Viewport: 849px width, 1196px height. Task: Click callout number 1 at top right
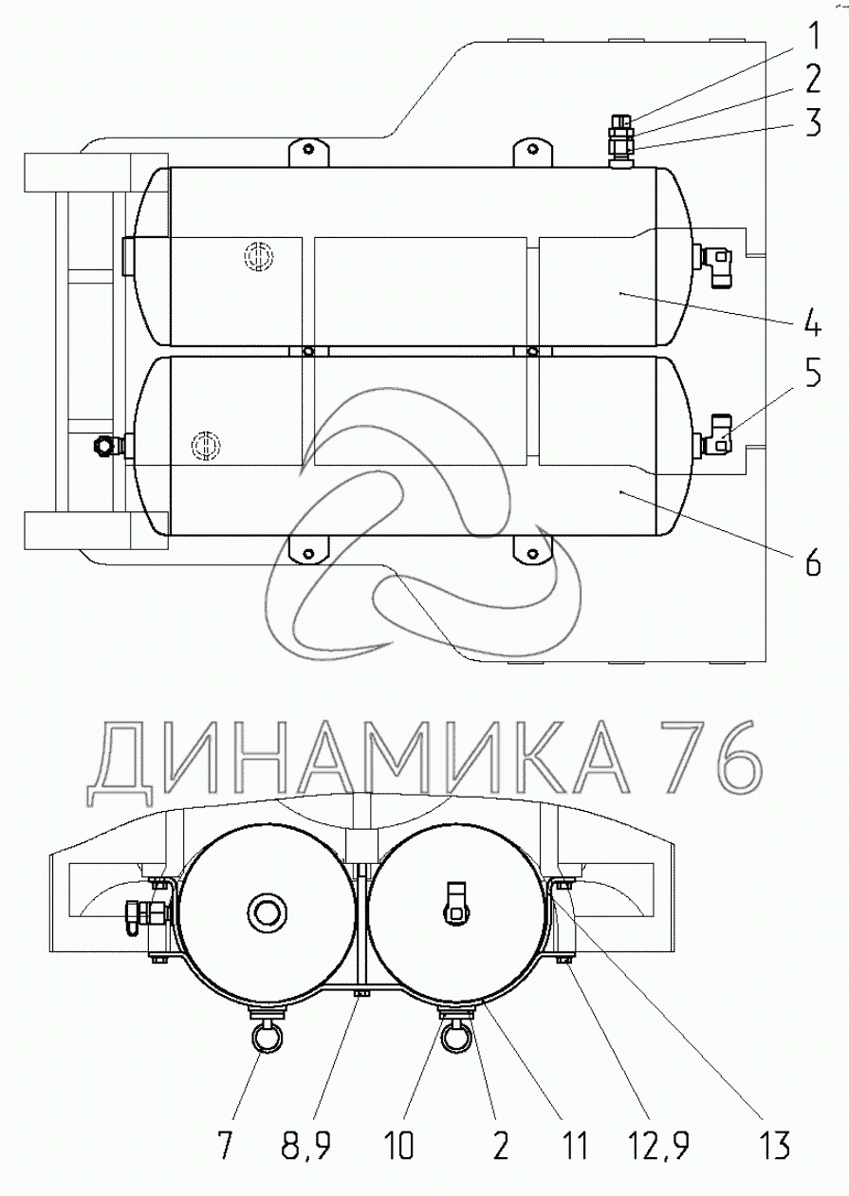pos(813,37)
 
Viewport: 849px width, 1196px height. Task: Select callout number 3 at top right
pos(813,122)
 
